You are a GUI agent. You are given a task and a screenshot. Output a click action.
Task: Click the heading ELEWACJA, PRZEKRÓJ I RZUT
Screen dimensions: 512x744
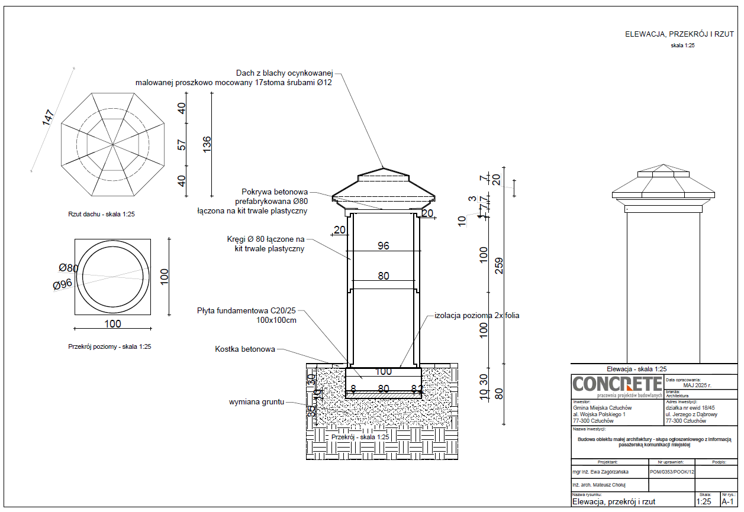[679, 34]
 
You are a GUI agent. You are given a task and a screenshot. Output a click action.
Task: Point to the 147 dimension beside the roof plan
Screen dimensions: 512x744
[49, 117]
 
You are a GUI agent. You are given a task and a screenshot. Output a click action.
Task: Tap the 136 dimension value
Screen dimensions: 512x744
[207, 144]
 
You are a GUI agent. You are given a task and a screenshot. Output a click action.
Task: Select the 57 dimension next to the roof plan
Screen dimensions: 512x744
[182, 144]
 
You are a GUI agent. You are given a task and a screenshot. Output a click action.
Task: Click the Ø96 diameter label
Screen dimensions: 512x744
[62, 284]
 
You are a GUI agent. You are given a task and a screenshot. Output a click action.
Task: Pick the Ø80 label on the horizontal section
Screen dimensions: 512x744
[69, 268]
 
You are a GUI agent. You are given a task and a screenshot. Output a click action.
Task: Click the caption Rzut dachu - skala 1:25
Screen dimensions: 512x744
[101, 214]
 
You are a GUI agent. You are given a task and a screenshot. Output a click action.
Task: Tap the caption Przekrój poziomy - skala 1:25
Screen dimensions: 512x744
[109, 347]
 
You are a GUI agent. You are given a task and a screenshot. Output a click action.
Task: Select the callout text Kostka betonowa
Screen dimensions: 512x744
[245, 349]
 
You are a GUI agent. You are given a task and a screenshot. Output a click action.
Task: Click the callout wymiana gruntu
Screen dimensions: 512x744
[257, 402]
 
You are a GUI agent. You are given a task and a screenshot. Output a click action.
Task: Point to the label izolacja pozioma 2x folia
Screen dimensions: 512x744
[477, 316]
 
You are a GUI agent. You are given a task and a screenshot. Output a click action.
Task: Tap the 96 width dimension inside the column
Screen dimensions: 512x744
[384, 245]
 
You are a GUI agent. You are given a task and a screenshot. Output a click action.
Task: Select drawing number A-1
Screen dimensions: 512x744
[728, 501]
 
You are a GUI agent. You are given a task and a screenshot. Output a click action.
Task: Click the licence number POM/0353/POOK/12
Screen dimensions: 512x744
[672, 472]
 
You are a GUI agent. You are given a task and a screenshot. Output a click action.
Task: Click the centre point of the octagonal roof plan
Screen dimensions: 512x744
[112, 144]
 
